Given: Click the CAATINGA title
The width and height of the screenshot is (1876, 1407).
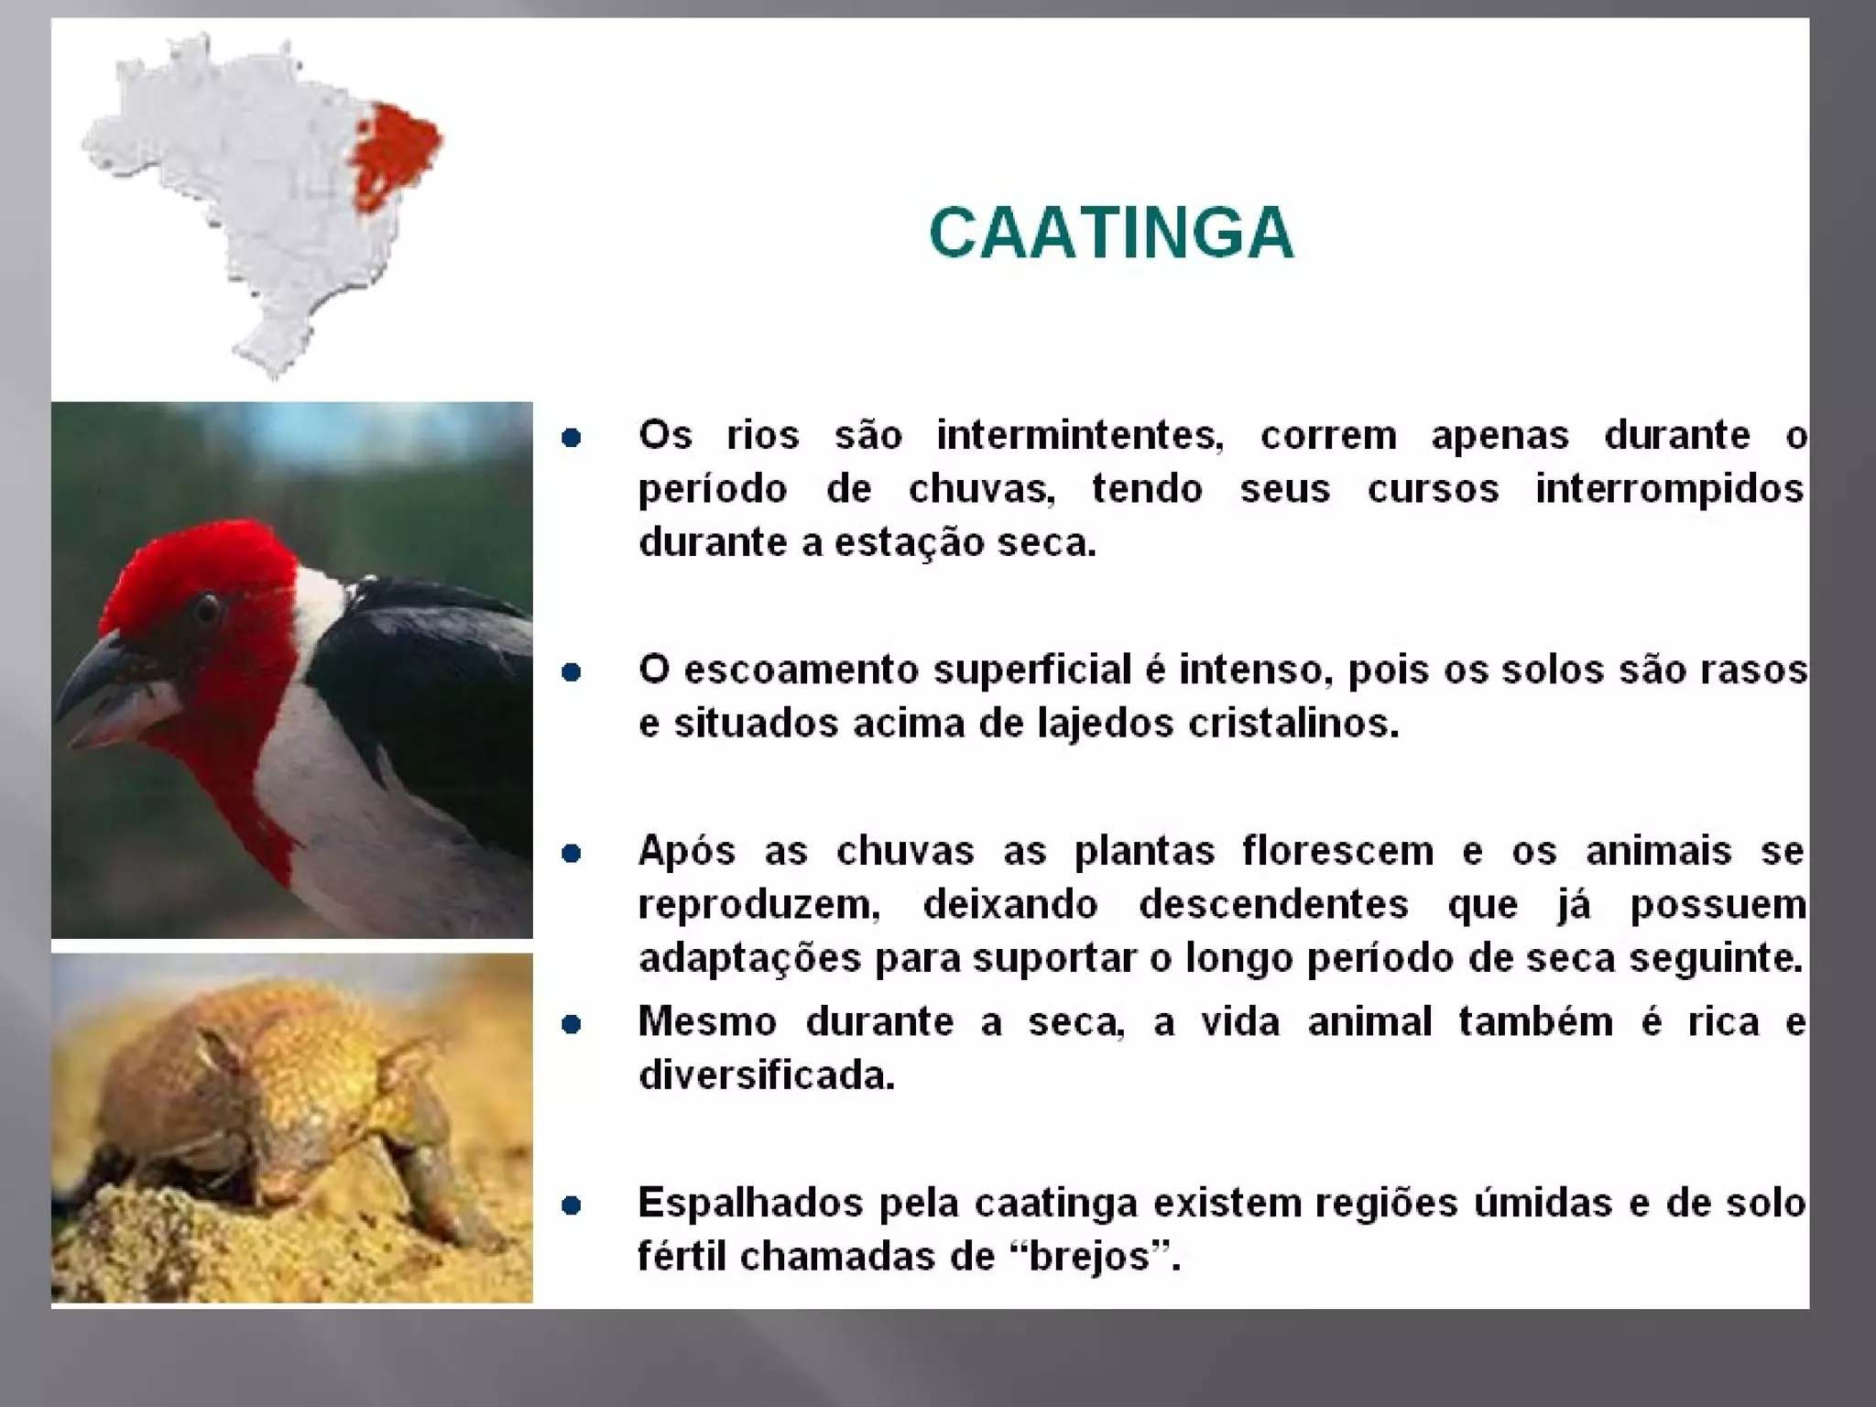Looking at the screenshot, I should [x=1111, y=233].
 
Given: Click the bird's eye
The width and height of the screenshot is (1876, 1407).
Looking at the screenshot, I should [x=207, y=607].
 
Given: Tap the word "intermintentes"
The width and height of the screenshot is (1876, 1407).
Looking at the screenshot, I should [x=1079, y=436].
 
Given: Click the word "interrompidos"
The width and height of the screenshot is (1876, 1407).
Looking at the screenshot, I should [x=1669, y=489].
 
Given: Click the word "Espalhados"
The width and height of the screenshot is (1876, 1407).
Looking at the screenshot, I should [x=749, y=1204].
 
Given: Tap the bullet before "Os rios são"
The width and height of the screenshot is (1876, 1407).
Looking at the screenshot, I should [x=572, y=438].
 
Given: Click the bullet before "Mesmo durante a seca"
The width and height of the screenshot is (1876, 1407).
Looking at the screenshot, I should [x=572, y=1024].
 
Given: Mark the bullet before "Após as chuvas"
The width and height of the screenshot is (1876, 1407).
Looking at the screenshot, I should [x=572, y=854].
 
